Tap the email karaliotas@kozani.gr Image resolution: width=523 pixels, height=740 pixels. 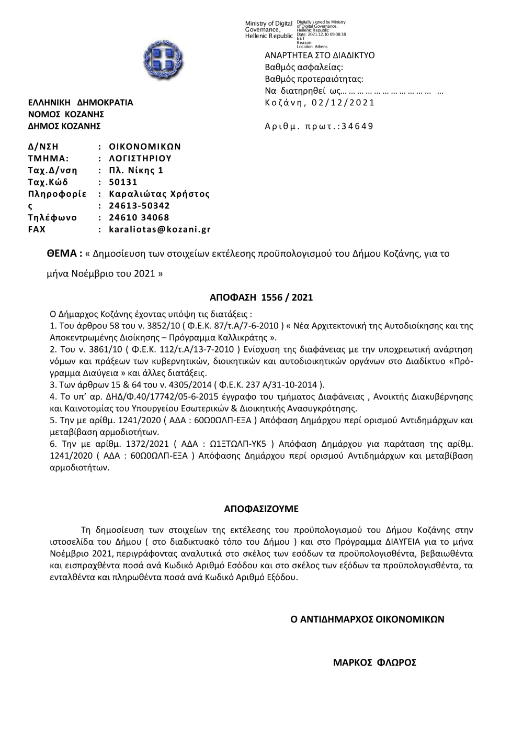pos(160,229)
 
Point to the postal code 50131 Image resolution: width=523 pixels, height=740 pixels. pos(123,182)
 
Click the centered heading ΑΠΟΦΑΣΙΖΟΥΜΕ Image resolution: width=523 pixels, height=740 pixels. pos(261,509)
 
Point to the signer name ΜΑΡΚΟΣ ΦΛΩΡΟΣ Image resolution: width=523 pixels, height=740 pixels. pos(374,662)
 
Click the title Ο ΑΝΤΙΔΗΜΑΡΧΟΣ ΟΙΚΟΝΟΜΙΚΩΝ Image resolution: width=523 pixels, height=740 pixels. pos(367,619)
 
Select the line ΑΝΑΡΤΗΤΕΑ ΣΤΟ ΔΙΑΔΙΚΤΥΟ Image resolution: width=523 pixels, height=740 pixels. pos(320,56)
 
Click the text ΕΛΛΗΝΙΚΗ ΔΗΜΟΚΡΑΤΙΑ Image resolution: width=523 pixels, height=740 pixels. pos(81,103)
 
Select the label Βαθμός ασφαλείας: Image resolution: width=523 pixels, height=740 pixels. pos(304,67)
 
